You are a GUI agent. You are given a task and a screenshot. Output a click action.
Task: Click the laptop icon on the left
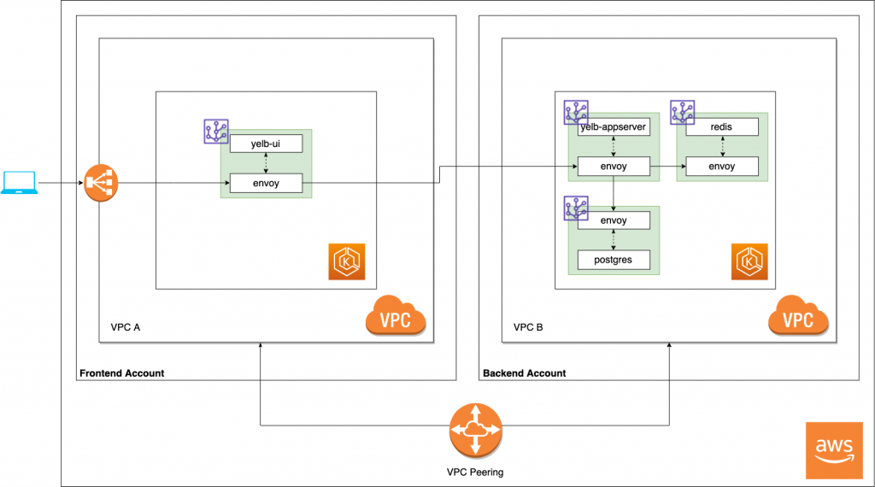(x=19, y=182)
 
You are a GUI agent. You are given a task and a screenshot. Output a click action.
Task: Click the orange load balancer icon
(x=101, y=183)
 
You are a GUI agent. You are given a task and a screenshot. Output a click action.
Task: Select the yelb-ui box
(x=266, y=144)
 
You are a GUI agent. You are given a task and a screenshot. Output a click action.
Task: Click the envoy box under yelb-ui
(x=266, y=182)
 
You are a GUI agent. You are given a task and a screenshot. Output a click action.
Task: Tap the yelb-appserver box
(x=614, y=126)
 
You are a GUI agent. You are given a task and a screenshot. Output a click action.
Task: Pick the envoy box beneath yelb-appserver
(x=614, y=166)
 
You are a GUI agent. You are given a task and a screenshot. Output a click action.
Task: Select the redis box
(x=722, y=126)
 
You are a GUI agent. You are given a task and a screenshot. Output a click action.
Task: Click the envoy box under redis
(x=722, y=166)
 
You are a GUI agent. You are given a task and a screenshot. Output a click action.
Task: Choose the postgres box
(x=614, y=259)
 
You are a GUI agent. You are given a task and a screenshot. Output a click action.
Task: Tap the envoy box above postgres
(x=614, y=220)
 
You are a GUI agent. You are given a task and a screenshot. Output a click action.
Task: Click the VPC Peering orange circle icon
(x=475, y=431)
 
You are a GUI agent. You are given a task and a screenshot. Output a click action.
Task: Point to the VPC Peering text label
(x=475, y=472)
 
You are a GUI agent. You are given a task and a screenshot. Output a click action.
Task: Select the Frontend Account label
(x=121, y=373)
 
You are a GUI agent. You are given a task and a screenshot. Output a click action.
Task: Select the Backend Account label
(x=524, y=373)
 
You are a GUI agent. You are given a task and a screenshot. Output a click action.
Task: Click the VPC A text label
(x=125, y=327)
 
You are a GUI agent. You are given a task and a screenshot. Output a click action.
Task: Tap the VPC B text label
(x=527, y=327)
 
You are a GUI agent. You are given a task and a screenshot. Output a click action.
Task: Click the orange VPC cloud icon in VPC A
(x=396, y=317)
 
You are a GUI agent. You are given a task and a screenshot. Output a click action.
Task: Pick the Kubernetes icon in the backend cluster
(x=749, y=261)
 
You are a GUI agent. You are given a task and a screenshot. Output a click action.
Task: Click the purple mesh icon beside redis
(x=683, y=112)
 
